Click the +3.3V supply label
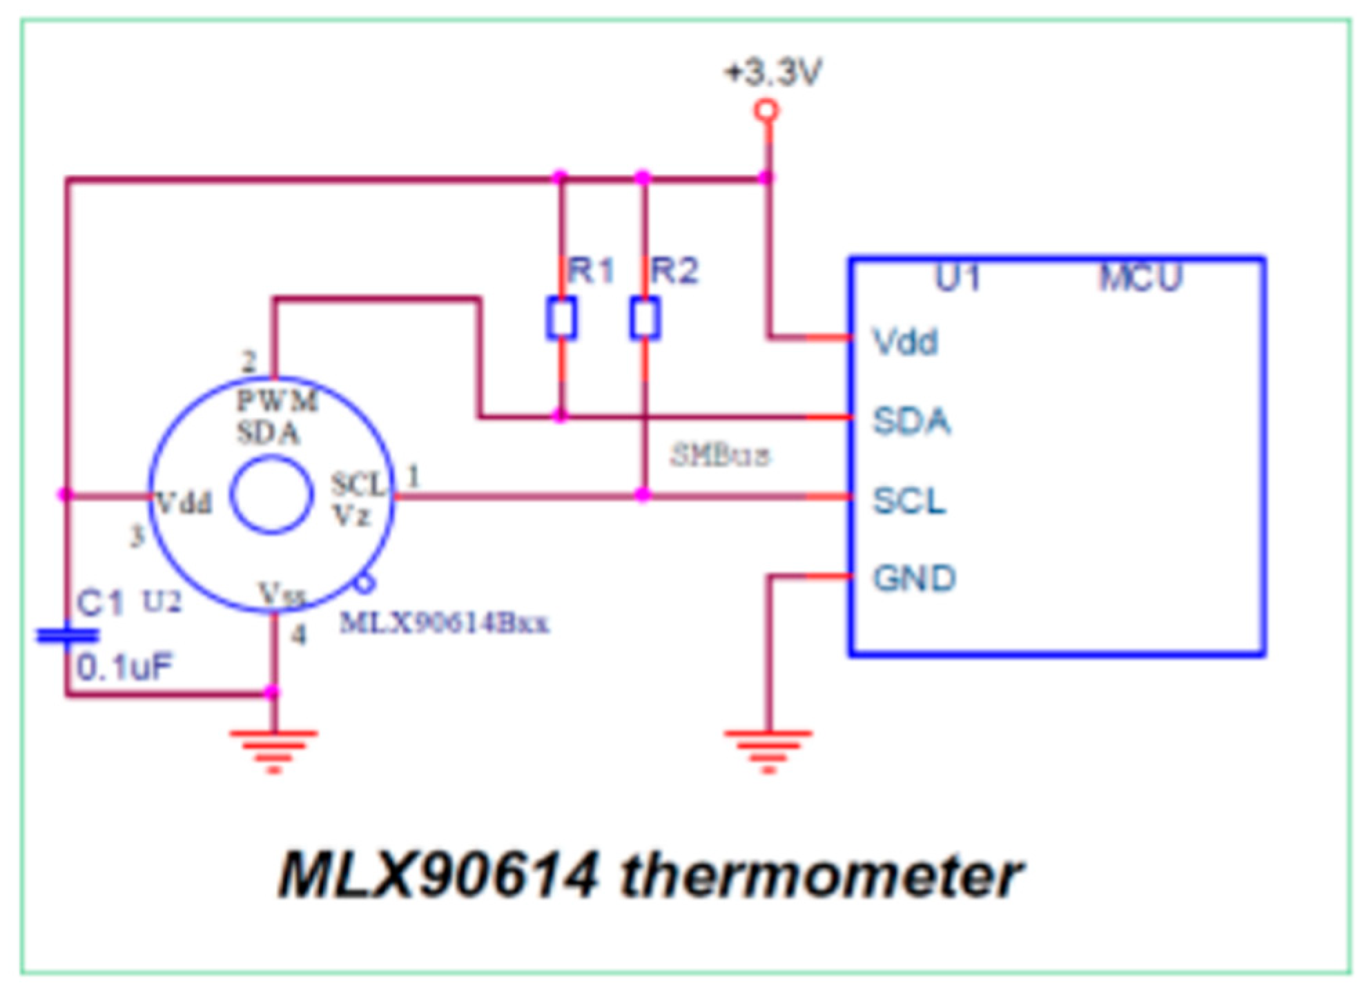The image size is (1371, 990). pyautogui.click(x=773, y=72)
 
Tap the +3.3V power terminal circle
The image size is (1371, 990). pyautogui.click(x=767, y=110)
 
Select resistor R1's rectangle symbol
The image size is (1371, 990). pyautogui.click(x=561, y=318)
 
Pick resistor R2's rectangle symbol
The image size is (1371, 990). pyautogui.click(x=645, y=318)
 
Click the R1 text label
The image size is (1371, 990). pyautogui.click(x=591, y=270)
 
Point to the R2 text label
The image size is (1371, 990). pyautogui.click(x=674, y=270)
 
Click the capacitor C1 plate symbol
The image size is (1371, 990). pyautogui.click(x=67, y=635)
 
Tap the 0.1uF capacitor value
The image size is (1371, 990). pyautogui.click(x=124, y=668)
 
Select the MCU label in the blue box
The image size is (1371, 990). pyautogui.click(x=1140, y=278)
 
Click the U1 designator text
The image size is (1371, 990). pyautogui.click(x=958, y=278)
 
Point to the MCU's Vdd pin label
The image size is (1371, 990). pyautogui.click(x=905, y=341)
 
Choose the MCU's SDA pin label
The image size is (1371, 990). pyautogui.click(x=911, y=420)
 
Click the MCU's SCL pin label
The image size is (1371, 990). pyautogui.click(x=909, y=500)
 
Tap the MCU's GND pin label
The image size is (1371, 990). pyautogui.click(x=914, y=578)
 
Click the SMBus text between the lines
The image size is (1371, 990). pyautogui.click(x=720, y=455)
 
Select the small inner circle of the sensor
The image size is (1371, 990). pyautogui.click(x=271, y=495)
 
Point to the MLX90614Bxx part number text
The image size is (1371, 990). pyautogui.click(x=445, y=623)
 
